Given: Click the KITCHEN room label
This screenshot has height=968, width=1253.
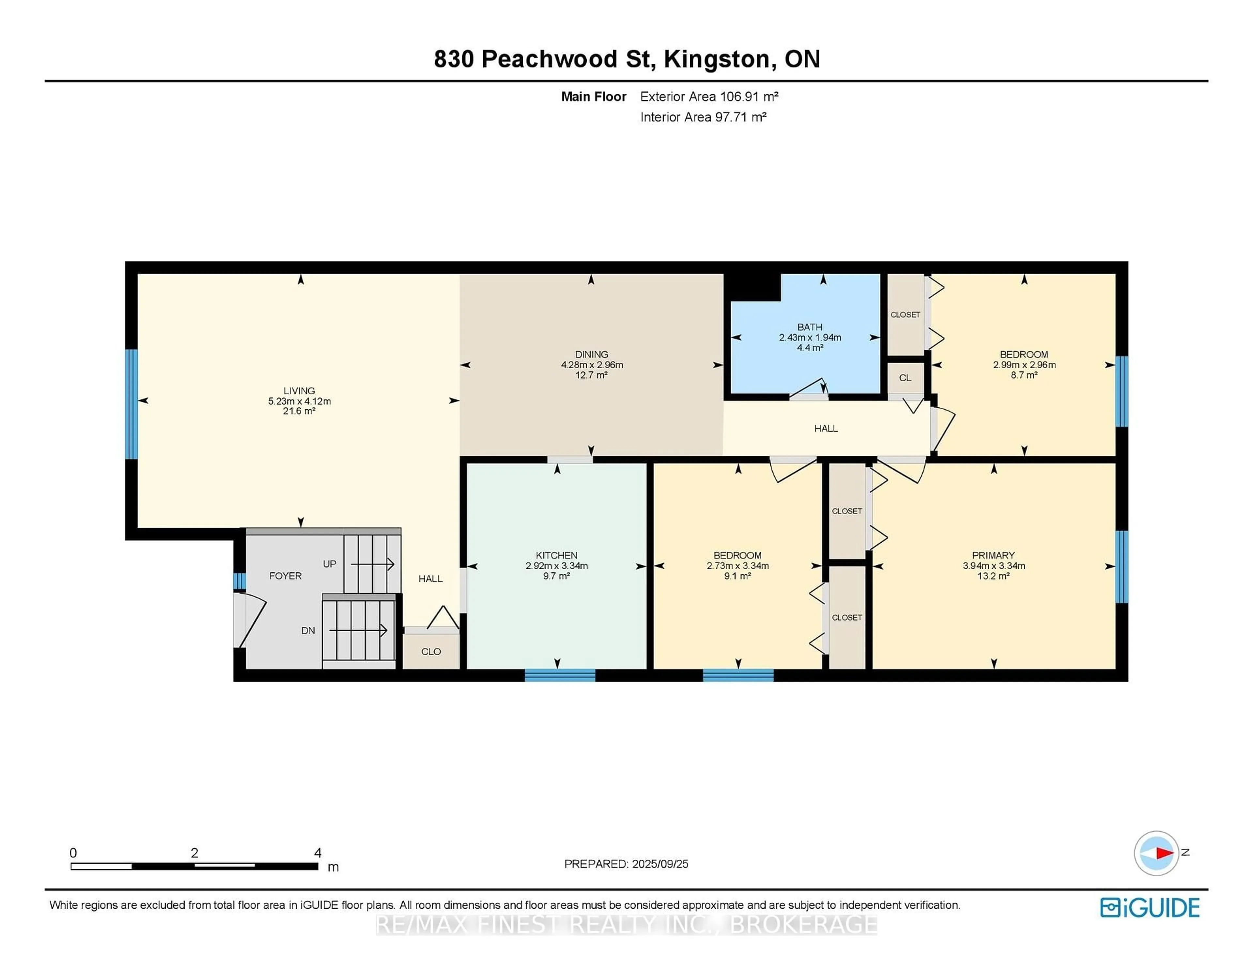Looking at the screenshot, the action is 556,555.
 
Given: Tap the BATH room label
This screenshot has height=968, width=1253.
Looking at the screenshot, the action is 810,327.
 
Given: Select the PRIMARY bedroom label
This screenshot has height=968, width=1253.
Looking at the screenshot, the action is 993,555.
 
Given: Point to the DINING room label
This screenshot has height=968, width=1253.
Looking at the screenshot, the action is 592,355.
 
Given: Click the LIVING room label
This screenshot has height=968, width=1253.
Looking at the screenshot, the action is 299,390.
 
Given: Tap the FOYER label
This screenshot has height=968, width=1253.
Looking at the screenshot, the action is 285,576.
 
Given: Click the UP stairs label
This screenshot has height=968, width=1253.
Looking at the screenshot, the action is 329,564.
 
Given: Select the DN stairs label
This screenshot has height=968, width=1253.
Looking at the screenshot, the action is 308,630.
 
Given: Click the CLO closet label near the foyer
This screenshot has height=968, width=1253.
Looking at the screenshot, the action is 431,651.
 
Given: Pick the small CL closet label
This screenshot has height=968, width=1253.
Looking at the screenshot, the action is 905,378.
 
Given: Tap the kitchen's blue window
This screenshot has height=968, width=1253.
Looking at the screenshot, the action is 560,675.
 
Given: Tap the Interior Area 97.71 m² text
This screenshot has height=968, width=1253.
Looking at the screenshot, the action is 704,117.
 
